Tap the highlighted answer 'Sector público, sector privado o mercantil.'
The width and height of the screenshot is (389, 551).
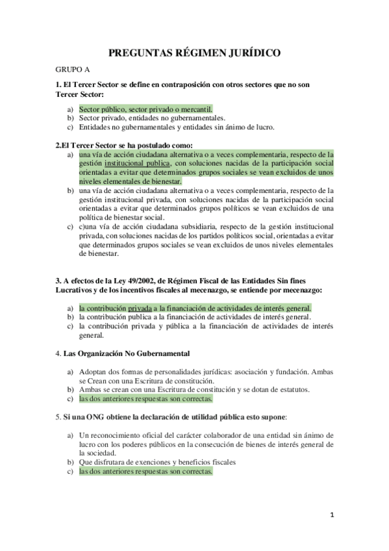pyautogui.click(x=145, y=109)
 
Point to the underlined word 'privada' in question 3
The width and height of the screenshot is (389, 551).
pyautogui.click(x=139, y=307)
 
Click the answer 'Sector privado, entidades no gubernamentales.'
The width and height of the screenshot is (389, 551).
pyautogui.click(x=152, y=118)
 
